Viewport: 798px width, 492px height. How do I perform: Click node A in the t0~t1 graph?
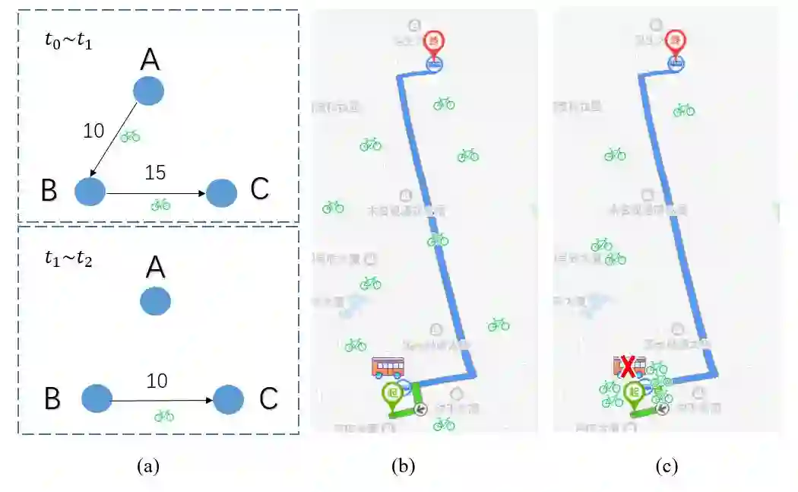pos(148,90)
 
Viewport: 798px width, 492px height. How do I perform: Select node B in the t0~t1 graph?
pos(90,191)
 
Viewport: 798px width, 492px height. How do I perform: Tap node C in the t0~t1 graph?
pos(221,192)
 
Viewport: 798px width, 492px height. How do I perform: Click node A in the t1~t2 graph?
pos(155,301)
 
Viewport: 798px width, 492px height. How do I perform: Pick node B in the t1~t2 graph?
pos(97,398)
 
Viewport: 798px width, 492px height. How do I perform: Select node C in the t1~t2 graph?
pos(228,398)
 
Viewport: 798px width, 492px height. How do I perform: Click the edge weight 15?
pos(155,173)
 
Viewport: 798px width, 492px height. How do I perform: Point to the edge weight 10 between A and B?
pos(93,131)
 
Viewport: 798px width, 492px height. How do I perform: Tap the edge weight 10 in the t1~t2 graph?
pos(157,381)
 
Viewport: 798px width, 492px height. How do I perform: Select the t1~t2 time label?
pos(68,257)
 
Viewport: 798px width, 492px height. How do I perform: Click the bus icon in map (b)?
pos(388,367)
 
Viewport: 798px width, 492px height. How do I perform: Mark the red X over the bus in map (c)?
pos(629,368)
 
